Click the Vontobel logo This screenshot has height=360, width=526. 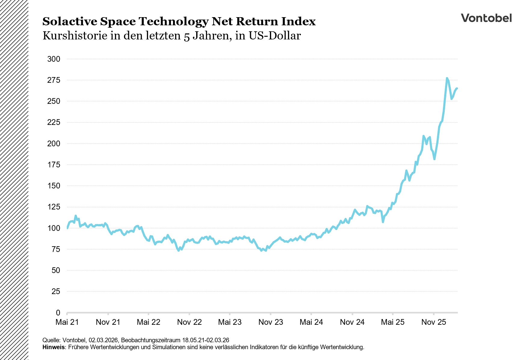click(x=486, y=18)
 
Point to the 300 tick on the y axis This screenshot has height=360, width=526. click(x=54, y=59)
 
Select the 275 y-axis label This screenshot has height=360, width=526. click(x=54, y=80)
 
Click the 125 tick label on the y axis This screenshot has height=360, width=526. click(x=54, y=207)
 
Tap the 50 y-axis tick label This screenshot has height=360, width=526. click(x=56, y=270)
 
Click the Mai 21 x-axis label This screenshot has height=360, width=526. click(x=67, y=322)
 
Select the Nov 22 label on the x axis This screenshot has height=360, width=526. click(x=189, y=322)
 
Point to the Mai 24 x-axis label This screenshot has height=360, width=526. click(x=311, y=322)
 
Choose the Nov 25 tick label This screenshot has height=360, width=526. click(x=434, y=322)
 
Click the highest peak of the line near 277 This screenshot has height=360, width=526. click(x=447, y=78)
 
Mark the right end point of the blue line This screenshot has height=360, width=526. click(x=457, y=88)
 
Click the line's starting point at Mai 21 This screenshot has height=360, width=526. click(x=67, y=228)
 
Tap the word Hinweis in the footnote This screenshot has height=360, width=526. click(x=54, y=347)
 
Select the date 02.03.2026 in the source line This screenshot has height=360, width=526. click(x=103, y=340)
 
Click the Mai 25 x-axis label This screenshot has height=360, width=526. click(x=393, y=322)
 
